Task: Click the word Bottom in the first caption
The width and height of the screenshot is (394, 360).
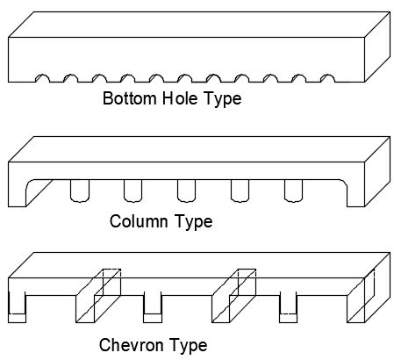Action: [130, 98]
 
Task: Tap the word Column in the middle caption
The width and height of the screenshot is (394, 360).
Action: [139, 221]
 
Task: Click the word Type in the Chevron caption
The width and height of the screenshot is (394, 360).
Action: [189, 346]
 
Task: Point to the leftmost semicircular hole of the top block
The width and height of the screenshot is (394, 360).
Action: [42, 78]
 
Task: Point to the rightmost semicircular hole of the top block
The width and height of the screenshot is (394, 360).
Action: [328, 78]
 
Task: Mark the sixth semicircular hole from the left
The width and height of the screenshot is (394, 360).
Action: [185, 78]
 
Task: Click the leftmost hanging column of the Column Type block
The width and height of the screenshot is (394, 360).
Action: [80, 191]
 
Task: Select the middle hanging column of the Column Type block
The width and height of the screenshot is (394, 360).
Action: [187, 191]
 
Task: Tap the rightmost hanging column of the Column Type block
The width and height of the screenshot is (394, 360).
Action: [294, 191]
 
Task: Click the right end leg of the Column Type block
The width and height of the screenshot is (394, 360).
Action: [355, 193]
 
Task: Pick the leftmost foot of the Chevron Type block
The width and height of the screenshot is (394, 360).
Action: [17, 307]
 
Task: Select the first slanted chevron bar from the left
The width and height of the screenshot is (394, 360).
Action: [98, 296]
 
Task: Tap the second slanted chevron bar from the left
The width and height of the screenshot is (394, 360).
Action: [233, 296]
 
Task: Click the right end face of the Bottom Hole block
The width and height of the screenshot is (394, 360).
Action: [377, 47]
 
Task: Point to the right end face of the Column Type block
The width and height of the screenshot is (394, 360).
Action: [377, 171]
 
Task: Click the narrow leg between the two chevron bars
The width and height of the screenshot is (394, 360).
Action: [153, 307]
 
